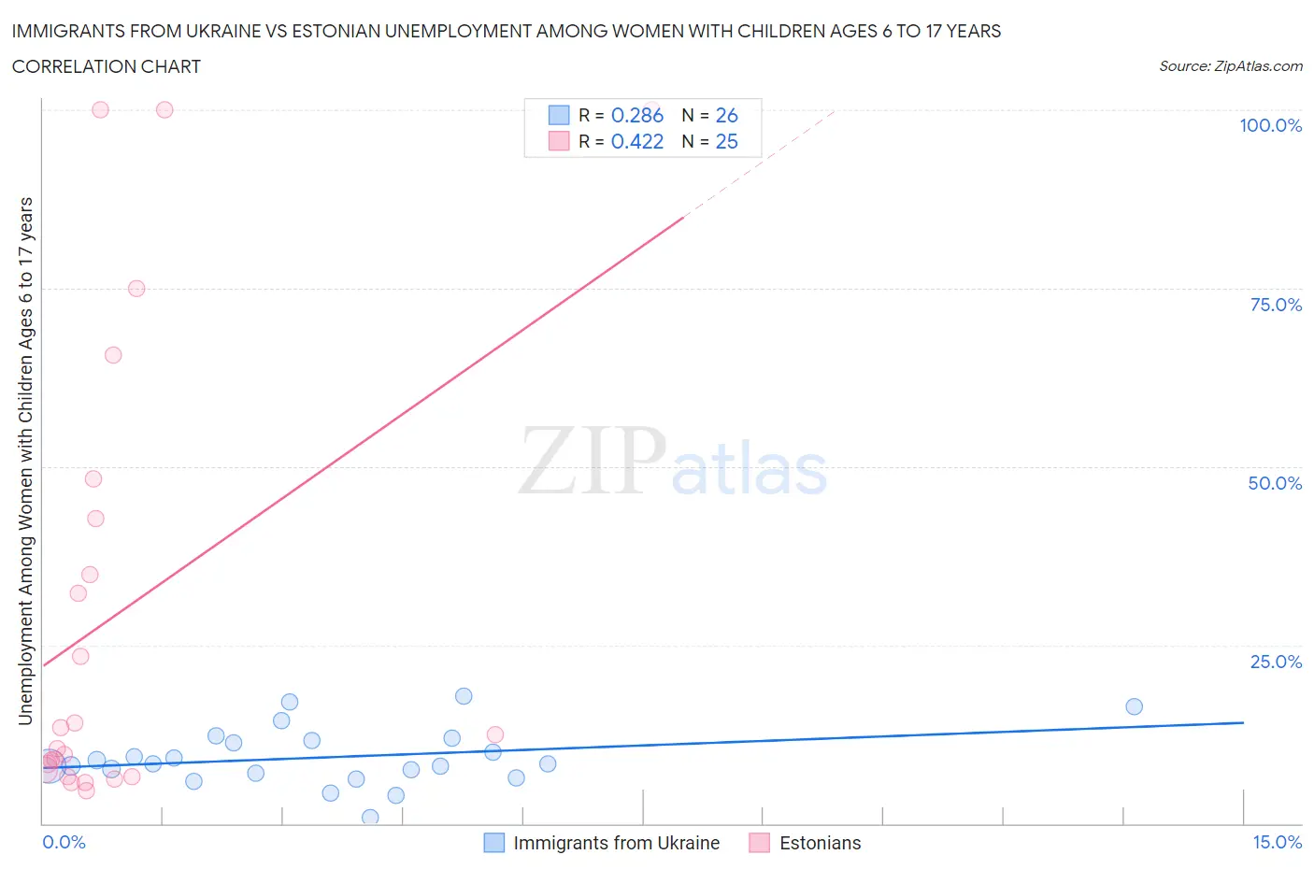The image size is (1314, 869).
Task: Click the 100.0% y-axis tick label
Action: tap(1270, 125)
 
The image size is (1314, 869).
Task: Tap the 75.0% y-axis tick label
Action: tap(1276, 305)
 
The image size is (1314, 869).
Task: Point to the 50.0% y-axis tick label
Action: tap(1275, 483)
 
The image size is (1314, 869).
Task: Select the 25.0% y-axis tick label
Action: tap(1276, 662)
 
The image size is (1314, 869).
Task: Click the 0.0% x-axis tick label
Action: tap(64, 842)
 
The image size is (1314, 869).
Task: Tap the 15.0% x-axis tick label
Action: tap(1277, 842)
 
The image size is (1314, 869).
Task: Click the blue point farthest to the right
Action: tap(1134, 706)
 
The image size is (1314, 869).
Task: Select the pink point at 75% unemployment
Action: tap(136, 289)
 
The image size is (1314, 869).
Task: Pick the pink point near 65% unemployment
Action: tap(113, 355)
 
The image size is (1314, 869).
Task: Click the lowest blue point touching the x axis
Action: tap(370, 818)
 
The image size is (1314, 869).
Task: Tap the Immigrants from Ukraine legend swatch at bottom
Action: tap(493, 843)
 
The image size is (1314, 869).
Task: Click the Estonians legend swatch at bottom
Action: tap(759, 843)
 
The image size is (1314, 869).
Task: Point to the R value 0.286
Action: tap(636, 115)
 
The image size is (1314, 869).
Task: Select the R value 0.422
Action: tap(636, 141)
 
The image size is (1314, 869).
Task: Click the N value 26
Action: tap(726, 115)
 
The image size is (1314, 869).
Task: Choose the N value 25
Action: tap(726, 141)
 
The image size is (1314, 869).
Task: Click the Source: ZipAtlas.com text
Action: tap(1230, 65)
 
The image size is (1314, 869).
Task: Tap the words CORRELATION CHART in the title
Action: tap(107, 66)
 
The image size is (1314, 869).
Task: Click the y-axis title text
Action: tap(25, 462)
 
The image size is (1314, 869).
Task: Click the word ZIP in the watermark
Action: tap(592, 461)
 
